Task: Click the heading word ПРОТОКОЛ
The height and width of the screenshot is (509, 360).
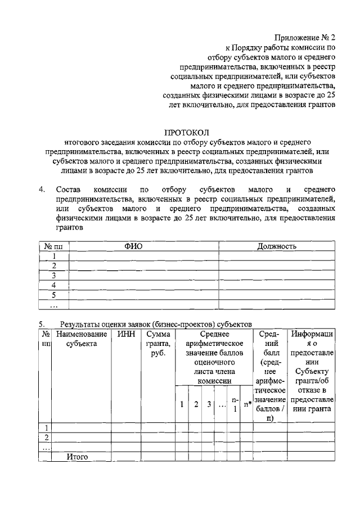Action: pos(186,133)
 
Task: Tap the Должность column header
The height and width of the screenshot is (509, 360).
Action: pos(277,246)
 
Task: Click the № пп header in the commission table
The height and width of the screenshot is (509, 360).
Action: pos(53,246)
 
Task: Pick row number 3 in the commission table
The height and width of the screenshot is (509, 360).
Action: pos(53,276)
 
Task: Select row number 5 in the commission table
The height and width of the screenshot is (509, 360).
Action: pos(53,295)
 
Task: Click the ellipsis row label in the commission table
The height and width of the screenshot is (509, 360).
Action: pos(53,305)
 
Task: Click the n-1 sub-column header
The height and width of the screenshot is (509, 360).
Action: pos(235,404)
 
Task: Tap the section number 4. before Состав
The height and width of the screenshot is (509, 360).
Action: pos(42,190)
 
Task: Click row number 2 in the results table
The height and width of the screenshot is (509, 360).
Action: pos(47,437)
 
